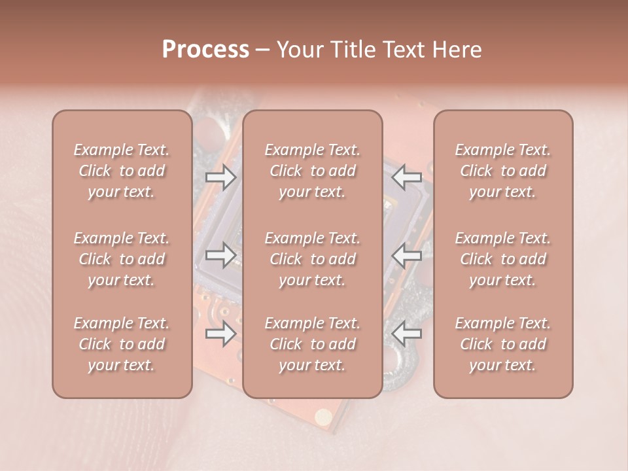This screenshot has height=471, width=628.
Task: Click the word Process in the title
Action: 205,50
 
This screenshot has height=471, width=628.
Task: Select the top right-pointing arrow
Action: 220,177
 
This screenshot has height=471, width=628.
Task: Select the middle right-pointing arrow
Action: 220,255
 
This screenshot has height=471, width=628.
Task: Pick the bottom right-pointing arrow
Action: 220,334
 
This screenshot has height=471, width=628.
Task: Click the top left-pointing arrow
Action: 407,177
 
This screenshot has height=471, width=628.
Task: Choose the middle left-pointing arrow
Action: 407,255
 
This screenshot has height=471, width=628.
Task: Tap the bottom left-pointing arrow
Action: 407,334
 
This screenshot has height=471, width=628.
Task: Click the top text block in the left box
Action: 122,171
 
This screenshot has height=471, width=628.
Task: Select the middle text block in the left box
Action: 122,259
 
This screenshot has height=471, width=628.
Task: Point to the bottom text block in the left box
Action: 122,344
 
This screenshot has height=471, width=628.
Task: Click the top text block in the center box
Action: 313,171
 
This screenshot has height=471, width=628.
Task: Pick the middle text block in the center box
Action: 313,259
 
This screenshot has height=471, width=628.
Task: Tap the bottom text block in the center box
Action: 313,344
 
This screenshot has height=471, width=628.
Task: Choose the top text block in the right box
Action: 503,171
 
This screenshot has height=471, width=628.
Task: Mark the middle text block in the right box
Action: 503,259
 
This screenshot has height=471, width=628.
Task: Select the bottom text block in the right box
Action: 503,344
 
